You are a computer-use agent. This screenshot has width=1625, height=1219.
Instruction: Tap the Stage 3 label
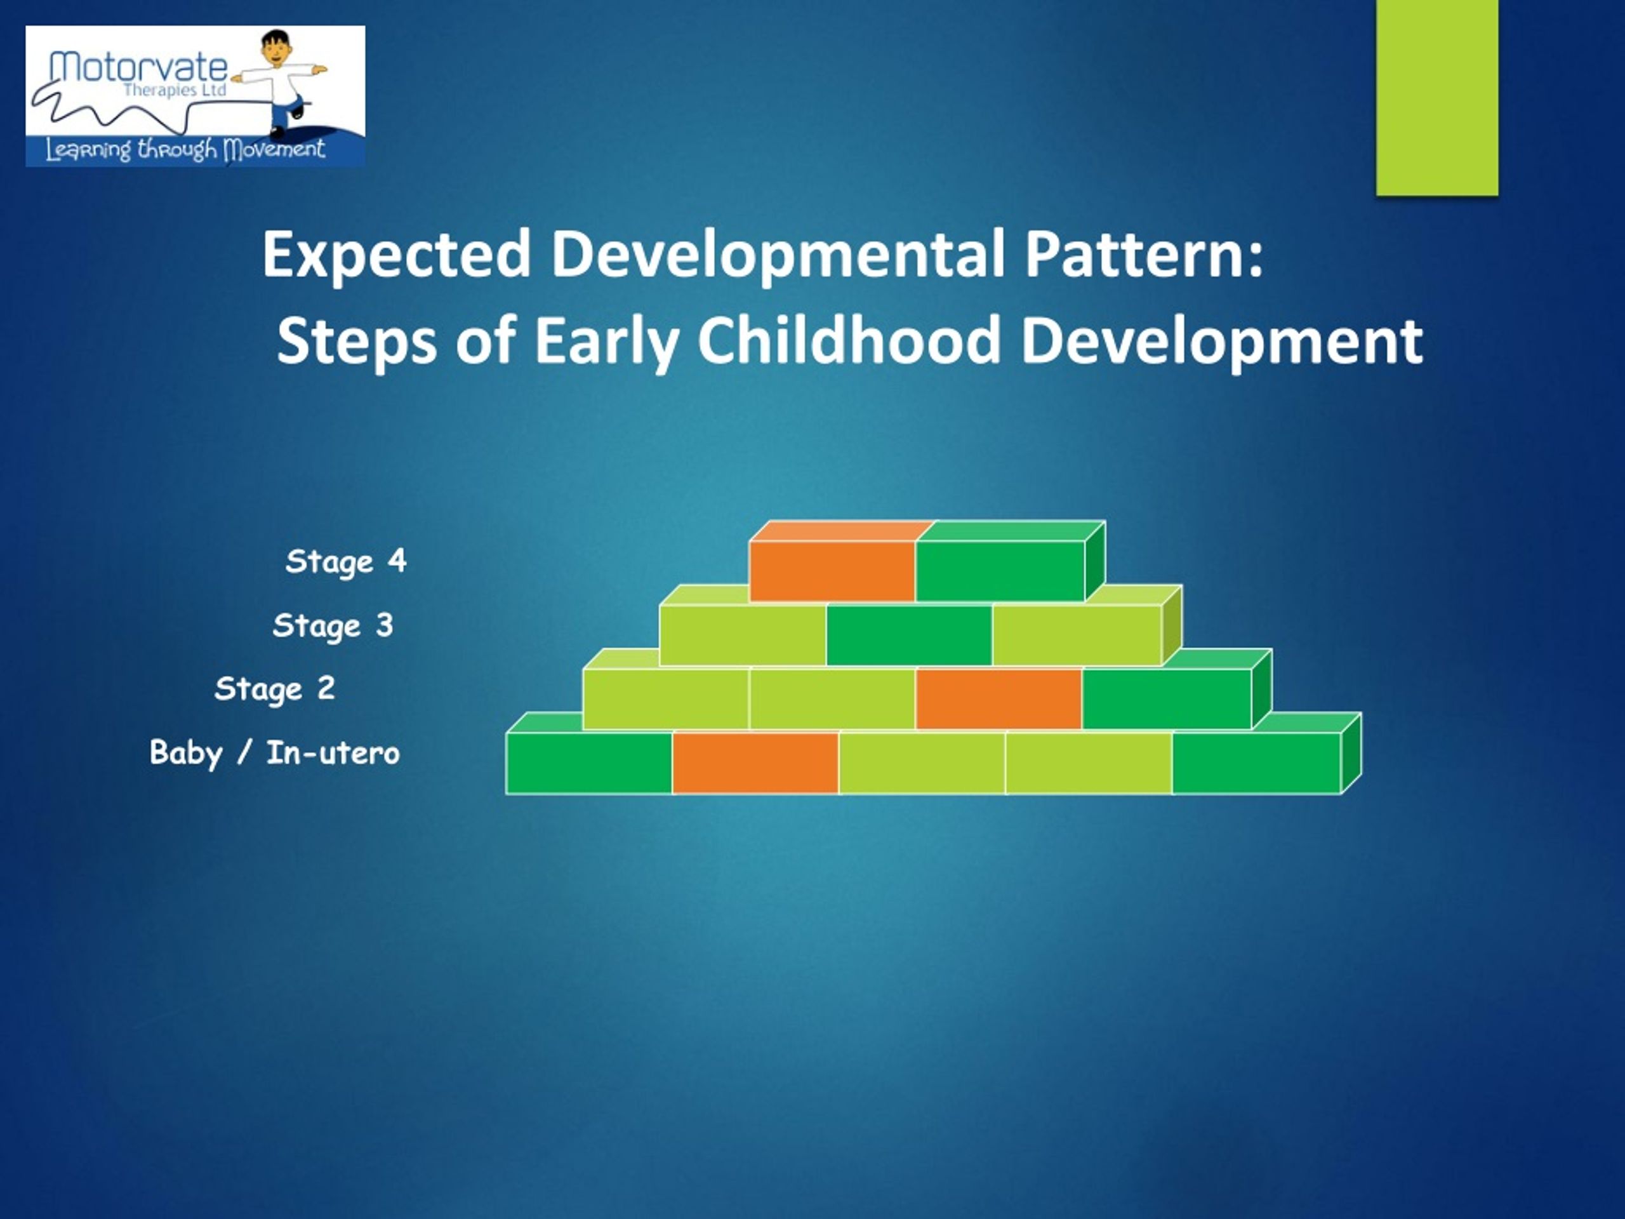[333, 626]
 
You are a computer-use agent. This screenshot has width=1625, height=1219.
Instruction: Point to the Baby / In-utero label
[275, 753]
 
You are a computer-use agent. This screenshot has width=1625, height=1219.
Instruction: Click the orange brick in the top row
[833, 570]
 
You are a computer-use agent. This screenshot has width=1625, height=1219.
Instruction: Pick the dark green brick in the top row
[1000, 570]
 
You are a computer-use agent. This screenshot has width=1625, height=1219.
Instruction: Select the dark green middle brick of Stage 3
[910, 635]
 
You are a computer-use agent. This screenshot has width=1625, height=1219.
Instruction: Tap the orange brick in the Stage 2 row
[999, 699]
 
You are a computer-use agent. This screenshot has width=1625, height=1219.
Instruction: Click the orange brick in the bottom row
[755, 763]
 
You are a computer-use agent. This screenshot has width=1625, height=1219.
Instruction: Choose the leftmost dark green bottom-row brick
[589, 763]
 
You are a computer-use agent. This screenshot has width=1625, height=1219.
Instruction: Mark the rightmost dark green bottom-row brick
[1256, 763]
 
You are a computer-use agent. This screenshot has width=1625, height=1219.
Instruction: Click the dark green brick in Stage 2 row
[1167, 699]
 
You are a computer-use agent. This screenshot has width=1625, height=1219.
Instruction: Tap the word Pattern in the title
[1144, 254]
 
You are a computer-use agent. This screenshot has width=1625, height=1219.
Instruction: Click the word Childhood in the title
[849, 341]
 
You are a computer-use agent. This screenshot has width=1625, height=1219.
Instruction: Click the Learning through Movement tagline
[185, 150]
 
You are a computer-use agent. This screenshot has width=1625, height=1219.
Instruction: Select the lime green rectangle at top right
[1437, 98]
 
